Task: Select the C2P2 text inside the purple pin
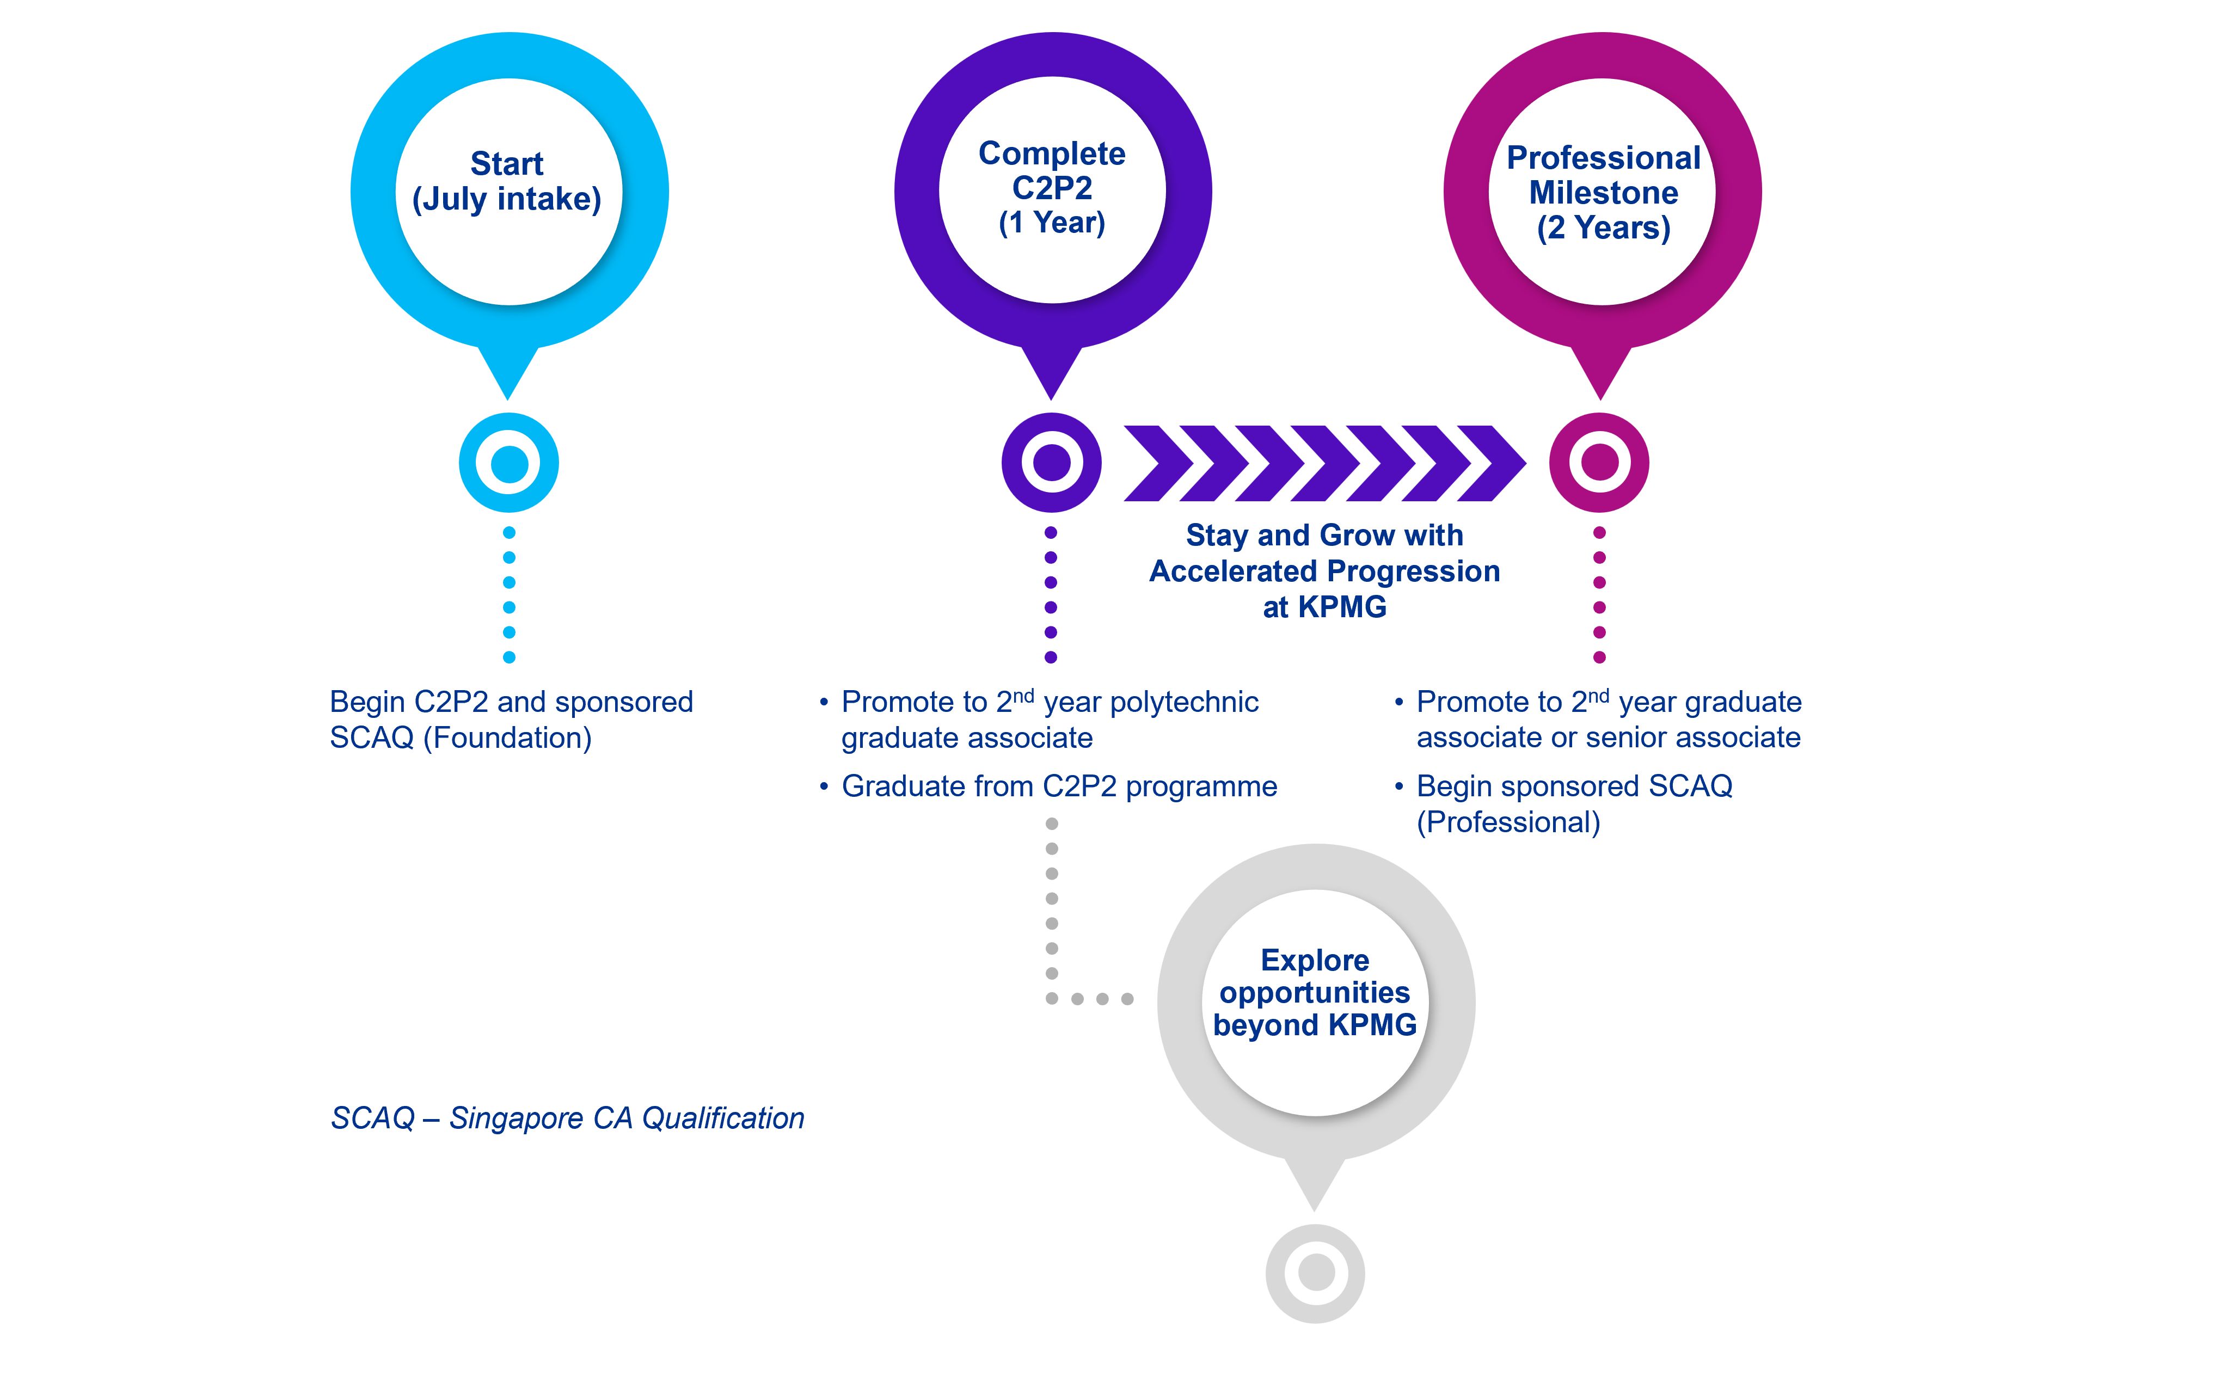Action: click(x=1052, y=188)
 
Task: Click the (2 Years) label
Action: click(x=1603, y=228)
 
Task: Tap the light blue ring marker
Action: click(x=508, y=463)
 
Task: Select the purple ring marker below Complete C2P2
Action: click(x=1051, y=463)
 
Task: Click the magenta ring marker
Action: click(x=1599, y=463)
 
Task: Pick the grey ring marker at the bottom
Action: click(x=1315, y=1273)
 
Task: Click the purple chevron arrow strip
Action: click(x=1324, y=463)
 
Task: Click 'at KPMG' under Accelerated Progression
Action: click(x=1324, y=607)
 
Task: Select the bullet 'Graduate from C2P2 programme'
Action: click(x=1058, y=786)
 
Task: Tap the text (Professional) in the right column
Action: click(x=1507, y=822)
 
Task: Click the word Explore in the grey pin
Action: click(x=1315, y=961)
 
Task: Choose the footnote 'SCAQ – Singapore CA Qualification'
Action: click(x=567, y=1118)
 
